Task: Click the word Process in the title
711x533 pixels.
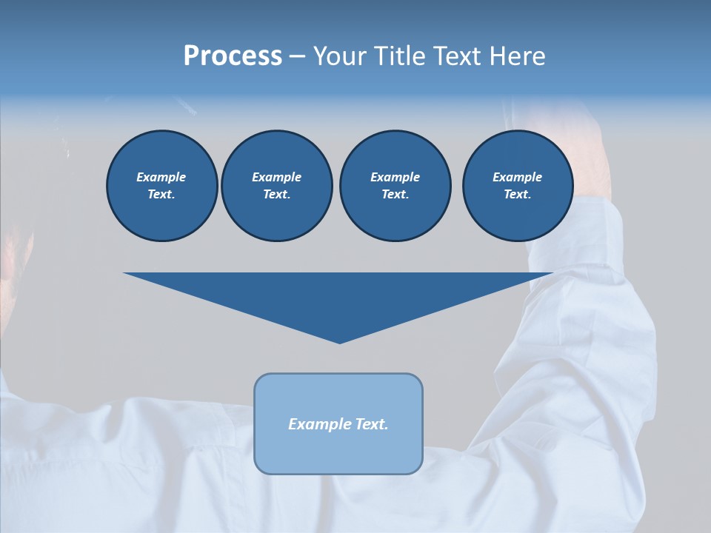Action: coord(233,56)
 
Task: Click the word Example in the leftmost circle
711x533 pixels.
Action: coord(161,177)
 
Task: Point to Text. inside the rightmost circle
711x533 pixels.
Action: coord(517,194)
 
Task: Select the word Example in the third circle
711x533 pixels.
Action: coord(395,177)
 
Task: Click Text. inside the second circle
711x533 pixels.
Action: coord(276,194)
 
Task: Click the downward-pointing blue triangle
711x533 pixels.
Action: coord(338,296)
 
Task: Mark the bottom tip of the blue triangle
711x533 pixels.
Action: coord(339,342)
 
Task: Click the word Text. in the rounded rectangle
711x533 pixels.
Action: coord(371,424)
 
